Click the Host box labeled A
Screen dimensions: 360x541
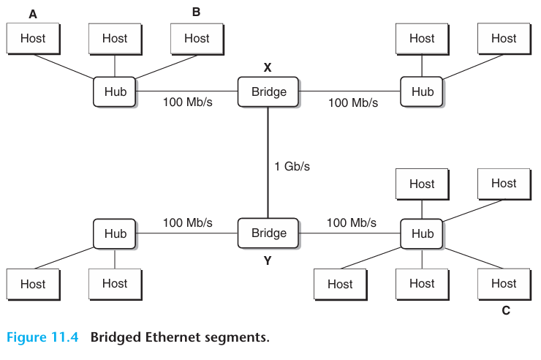33,38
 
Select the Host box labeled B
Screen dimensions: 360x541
196,38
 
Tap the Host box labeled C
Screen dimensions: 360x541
503,284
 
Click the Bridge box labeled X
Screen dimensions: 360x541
268,92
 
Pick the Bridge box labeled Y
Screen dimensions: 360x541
268,233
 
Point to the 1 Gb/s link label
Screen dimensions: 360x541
292,166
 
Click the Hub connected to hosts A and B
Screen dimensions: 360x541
115,92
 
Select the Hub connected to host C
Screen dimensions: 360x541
422,234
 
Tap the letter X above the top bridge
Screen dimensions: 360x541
268,67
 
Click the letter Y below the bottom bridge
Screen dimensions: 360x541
268,260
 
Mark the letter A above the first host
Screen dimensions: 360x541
33,14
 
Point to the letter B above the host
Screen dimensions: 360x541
196,12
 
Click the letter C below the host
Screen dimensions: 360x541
505,311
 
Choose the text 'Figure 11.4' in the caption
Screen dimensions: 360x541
44,337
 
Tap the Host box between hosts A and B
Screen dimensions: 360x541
115,38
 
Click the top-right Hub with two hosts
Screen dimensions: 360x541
422,92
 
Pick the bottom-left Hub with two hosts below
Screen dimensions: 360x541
115,234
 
